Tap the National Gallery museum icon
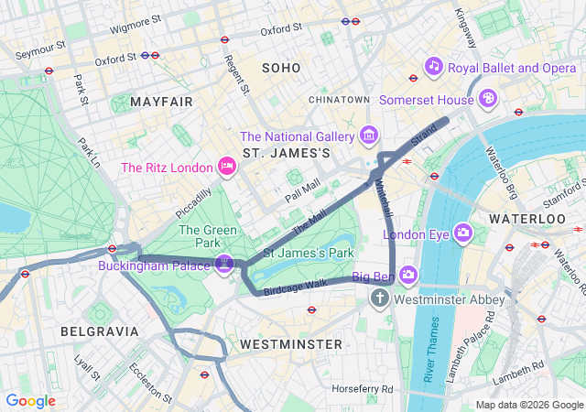(369, 136)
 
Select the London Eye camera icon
(463, 233)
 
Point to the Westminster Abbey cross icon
(380, 299)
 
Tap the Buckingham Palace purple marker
(224, 264)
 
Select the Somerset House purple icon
(489, 98)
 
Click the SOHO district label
(281, 68)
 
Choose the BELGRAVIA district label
(100, 331)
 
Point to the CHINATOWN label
(339, 99)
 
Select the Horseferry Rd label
(363, 389)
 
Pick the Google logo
(30, 401)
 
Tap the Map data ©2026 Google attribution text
(527, 405)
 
